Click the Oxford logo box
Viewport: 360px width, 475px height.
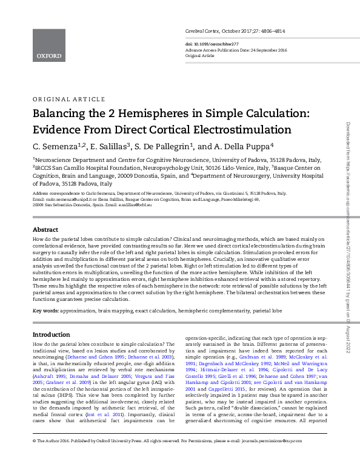point(48,45)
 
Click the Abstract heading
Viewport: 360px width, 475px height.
point(45,231)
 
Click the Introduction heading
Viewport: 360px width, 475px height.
point(51,335)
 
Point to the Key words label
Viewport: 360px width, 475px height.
point(46,311)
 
